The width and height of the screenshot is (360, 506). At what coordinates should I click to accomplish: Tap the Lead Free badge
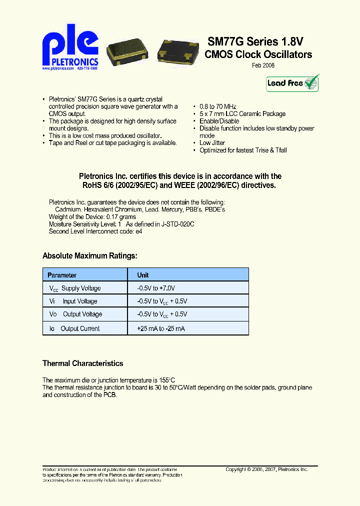[x=292, y=83]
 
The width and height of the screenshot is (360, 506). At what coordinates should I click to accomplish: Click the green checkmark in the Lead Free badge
[x=311, y=82]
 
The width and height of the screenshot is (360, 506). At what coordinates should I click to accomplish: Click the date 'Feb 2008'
[x=262, y=65]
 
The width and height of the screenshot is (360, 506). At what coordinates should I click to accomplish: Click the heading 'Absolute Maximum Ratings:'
[x=89, y=256]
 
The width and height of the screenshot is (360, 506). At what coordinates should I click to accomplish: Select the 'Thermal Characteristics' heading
[x=82, y=363]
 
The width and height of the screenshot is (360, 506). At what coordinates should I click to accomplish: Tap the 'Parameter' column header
[x=62, y=275]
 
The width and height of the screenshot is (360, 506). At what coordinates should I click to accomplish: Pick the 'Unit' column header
[x=143, y=275]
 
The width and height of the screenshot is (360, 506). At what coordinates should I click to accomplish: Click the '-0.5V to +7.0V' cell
[x=156, y=288]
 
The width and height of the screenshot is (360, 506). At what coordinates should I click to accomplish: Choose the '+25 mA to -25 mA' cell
[x=160, y=328]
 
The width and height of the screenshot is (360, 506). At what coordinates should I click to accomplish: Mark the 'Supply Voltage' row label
[x=80, y=288]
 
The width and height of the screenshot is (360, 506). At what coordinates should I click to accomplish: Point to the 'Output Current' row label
[x=80, y=328]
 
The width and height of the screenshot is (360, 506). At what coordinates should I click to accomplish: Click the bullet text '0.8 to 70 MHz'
[x=218, y=107]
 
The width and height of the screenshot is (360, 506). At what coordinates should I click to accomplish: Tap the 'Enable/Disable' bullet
[x=219, y=121]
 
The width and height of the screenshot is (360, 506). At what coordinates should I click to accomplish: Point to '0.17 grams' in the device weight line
[x=120, y=217]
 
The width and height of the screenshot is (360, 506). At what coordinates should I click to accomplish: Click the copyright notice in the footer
[x=266, y=469]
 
